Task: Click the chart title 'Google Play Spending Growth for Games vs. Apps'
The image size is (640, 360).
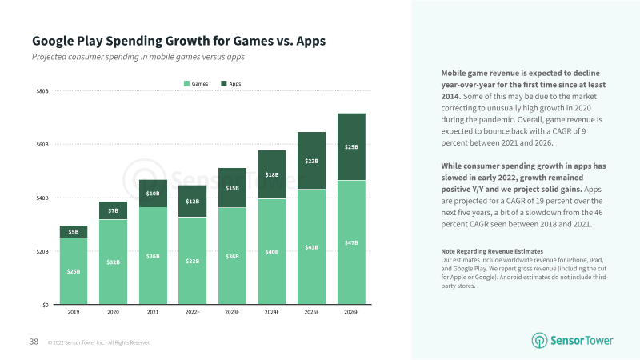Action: (x=178, y=41)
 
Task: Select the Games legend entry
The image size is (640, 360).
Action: (x=196, y=84)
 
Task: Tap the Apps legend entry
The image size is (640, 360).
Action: (x=231, y=84)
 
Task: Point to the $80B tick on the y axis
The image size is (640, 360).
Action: (x=42, y=91)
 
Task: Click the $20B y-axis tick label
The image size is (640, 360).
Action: (x=42, y=251)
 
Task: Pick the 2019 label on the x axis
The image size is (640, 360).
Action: (x=74, y=312)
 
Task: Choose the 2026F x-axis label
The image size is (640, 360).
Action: (x=351, y=312)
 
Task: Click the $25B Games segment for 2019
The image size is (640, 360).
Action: (x=74, y=271)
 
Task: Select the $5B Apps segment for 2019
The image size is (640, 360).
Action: (x=74, y=232)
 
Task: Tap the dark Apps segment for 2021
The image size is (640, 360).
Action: (x=153, y=194)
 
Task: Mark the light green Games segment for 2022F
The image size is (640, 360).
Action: (x=193, y=261)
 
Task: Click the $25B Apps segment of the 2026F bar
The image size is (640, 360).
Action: (x=351, y=147)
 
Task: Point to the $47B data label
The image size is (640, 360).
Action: (x=351, y=243)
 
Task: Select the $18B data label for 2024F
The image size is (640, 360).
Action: (x=272, y=174)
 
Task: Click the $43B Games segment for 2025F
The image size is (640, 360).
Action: (x=311, y=246)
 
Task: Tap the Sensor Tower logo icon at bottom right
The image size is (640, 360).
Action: (x=539, y=341)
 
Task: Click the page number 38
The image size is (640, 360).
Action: (x=34, y=342)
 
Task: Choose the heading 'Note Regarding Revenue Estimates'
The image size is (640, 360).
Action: (x=492, y=251)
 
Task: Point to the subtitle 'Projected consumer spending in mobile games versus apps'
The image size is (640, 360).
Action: (x=138, y=57)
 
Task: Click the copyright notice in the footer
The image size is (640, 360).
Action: (x=99, y=342)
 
